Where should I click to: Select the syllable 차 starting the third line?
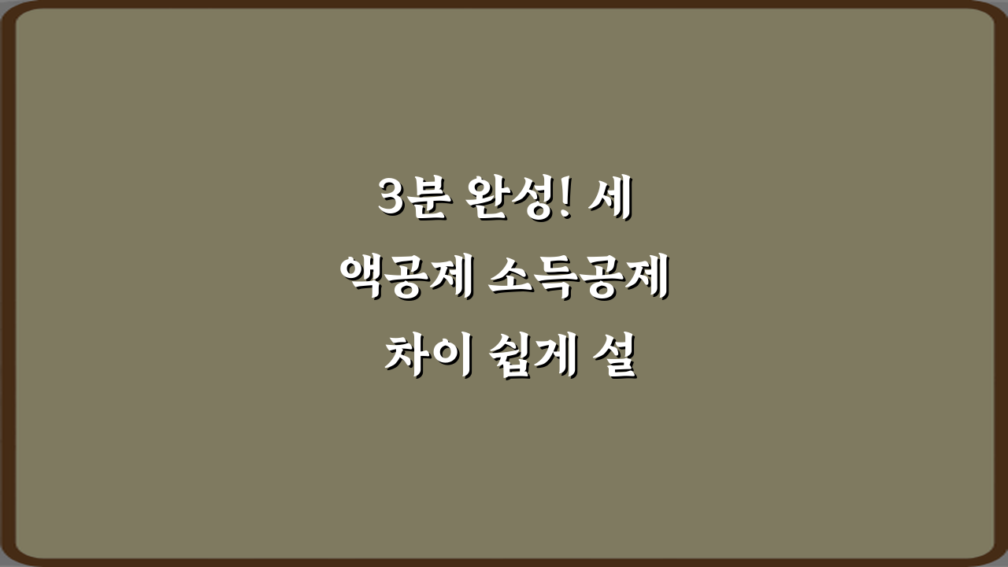[405, 357]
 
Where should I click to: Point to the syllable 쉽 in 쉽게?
[505, 357]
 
